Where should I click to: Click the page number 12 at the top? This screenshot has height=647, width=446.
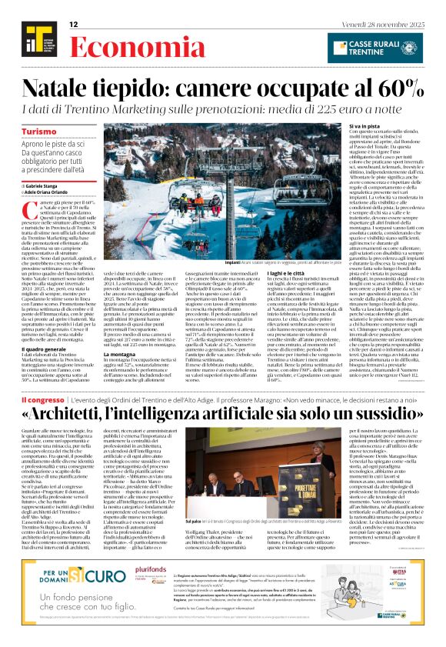coord(74,25)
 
